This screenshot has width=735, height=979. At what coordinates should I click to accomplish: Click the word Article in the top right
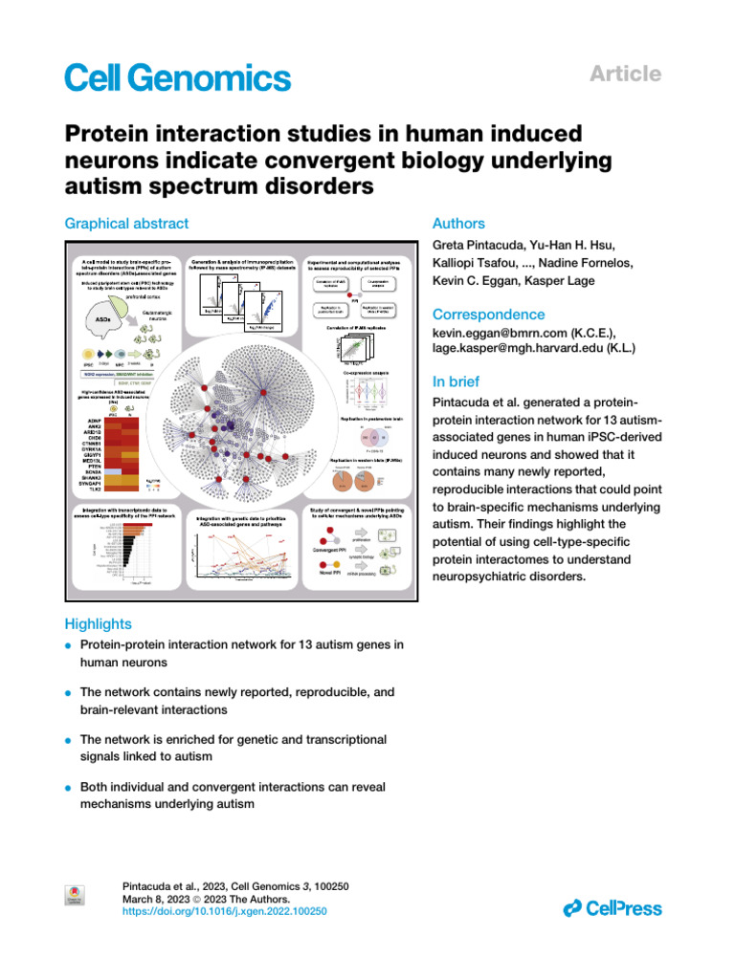(x=628, y=74)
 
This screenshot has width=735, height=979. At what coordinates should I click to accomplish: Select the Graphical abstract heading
(x=126, y=224)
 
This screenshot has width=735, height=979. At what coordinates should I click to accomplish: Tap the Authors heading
(x=459, y=224)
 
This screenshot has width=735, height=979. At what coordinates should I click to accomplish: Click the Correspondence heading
(x=489, y=315)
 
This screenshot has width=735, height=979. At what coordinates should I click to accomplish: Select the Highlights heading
(x=98, y=623)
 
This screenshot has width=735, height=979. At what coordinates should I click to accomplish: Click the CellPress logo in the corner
(x=612, y=907)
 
